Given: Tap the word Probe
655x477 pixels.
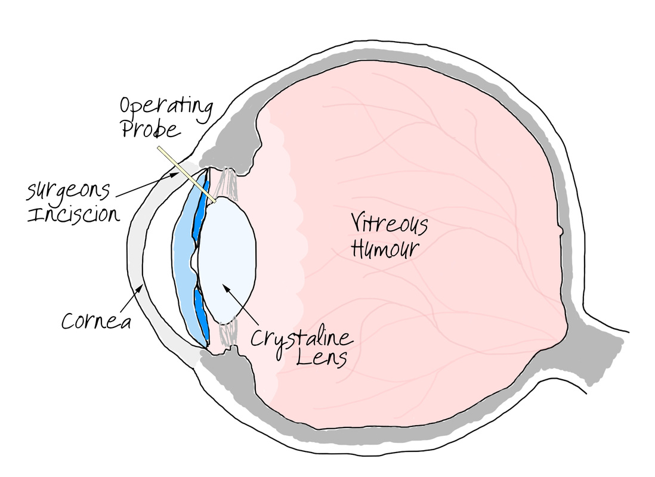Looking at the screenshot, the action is pyautogui.click(x=151, y=128).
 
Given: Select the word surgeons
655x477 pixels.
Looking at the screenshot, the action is pyautogui.click(x=69, y=191).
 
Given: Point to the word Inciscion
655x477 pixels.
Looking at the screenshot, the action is pyautogui.click(x=73, y=214).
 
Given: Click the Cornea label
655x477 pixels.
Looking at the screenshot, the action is pyautogui.click(x=97, y=321).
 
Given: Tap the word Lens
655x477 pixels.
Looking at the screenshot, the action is pyautogui.click(x=322, y=358).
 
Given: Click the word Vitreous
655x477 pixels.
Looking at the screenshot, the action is pyautogui.click(x=389, y=224).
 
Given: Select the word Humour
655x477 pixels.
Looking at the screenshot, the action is pyautogui.click(x=385, y=248).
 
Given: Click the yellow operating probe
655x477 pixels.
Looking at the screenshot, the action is pyautogui.click(x=187, y=175).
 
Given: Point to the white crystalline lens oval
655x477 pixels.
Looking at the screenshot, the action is pyautogui.click(x=227, y=260).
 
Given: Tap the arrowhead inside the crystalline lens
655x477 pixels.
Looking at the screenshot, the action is pyautogui.click(x=226, y=288).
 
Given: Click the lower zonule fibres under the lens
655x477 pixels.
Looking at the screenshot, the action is pyautogui.click(x=228, y=332).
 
